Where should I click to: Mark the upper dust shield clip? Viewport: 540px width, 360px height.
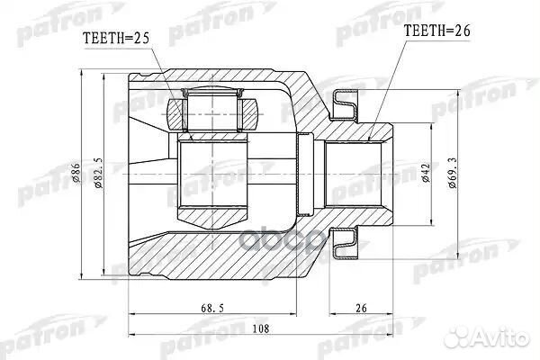346,105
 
